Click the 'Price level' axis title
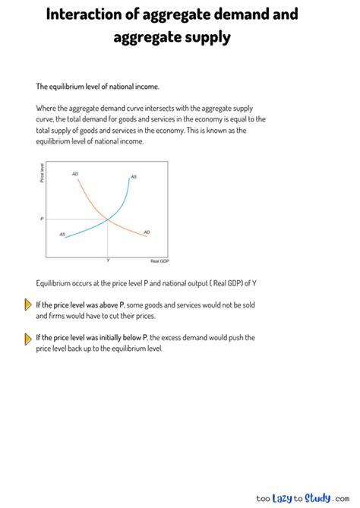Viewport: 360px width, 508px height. (42, 173)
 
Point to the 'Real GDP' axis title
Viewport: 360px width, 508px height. (159, 260)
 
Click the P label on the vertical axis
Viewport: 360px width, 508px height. (43, 219)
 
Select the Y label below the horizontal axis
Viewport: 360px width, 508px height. (108, 260)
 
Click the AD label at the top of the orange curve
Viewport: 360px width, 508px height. (75, 174)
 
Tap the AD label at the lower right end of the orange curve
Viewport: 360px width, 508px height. (147, 232)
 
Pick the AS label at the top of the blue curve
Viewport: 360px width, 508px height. (134, 176)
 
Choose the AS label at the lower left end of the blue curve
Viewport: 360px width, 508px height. (62, 234)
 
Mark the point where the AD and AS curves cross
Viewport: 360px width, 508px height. (108, 219)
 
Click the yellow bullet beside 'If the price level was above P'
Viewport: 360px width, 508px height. (29, 306)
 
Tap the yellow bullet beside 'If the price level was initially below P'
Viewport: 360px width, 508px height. (29, 338)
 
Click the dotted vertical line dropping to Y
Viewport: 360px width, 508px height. (108, 239)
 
